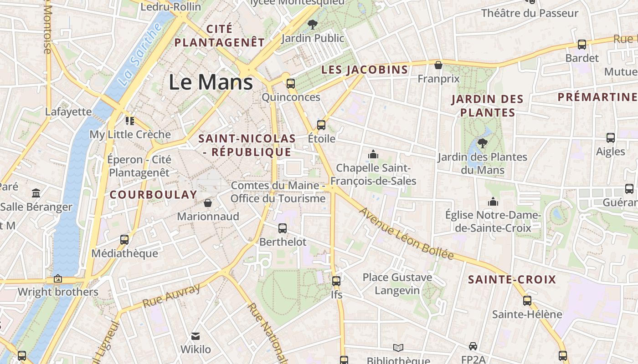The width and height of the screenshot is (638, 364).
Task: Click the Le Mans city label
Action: (x=211, y=82)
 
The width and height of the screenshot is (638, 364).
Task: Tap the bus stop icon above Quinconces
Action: (x=290, y=84)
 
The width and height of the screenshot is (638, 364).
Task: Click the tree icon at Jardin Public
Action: (x=312, y=25)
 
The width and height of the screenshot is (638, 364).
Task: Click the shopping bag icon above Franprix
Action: (x=438, y=65)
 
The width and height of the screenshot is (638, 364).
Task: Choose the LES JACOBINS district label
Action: (x=365, y=70)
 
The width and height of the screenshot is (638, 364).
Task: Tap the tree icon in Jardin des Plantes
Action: (x=482, y=144)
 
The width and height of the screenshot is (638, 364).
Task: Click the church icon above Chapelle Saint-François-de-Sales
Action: (x=373, y=155)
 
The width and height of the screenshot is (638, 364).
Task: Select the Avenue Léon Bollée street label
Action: (x=406, y=233)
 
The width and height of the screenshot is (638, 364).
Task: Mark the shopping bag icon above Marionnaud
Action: (x=208, y=203)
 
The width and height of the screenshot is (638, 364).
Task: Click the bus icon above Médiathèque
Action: (x=124, y=239)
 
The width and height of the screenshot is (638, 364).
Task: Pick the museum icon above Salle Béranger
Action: (x=36, y=193)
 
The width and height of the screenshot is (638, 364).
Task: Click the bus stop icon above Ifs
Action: (x=336, y=281)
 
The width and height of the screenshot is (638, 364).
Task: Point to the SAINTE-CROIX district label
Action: (x=512, y=279)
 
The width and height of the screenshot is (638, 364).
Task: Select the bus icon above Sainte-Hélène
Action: (x=527, y=301)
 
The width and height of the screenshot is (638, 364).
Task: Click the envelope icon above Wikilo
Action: (x=196, y=336)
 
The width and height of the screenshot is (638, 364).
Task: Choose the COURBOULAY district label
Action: (x=154, y=195)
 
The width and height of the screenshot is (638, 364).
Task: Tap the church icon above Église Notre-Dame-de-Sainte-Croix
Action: (x=493, y=201)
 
